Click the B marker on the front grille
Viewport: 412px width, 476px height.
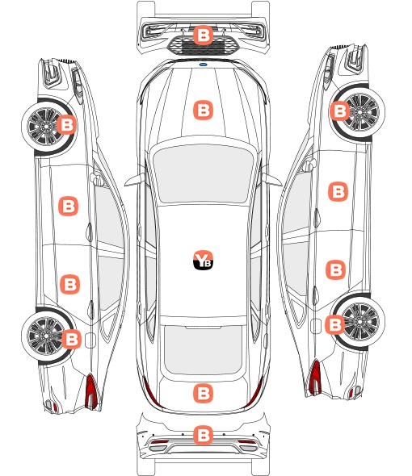[x=203, y=35]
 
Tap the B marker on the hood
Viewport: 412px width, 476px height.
[x=203, y=110]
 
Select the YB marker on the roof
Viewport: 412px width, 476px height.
[x=203, y=260]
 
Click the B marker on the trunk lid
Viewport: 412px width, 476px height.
[x=203, y=394]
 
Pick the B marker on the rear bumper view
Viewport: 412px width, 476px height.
[x=203, y=436]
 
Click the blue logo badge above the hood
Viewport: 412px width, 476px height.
[x=204, y=65]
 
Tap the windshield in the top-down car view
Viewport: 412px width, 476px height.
[x=203, y=173]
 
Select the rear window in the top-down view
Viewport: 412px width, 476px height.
[x=203, y=349]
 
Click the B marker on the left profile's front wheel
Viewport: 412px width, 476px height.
[x=67, y=124]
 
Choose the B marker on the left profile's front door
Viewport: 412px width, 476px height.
[x=68, y=206]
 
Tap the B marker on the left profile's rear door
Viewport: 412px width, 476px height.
[x=70, y=285]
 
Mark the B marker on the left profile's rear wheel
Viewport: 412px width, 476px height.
[x=71, y=339]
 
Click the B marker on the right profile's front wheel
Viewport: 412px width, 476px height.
[x=339, y=111]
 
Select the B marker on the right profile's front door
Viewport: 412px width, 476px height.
[x=338, y=191]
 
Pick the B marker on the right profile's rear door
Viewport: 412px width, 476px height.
[x=336, y=269]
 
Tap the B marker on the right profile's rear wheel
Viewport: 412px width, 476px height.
[x=335, y=324]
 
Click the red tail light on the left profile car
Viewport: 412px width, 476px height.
[x=91, y=391]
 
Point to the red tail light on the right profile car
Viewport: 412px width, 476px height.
[x=315, y=377]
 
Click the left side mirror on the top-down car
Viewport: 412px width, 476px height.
[x=134, y=180]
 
